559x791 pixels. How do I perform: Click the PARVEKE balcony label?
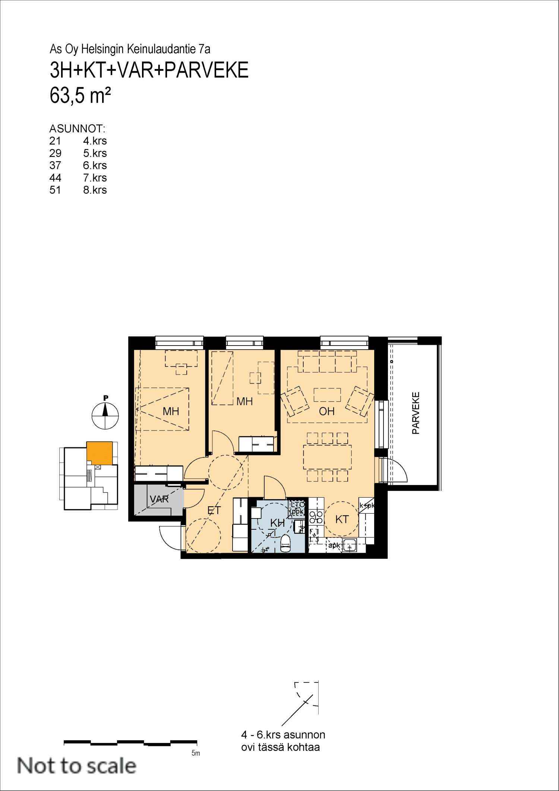click(x=416, y=413)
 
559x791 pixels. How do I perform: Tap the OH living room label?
click(x=327, y=411)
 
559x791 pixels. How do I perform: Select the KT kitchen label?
click(x=342, y=519)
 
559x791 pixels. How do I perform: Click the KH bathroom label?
click(x=277, y=523)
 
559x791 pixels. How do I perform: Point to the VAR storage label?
click(x=159, y=499)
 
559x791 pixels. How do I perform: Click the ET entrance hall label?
click(x=214, y=510)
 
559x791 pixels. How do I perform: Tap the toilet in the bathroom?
click(x=285, y=543)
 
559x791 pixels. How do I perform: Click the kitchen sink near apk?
click(x=350, y=545)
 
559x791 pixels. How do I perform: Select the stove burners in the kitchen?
click(x=316, y=517)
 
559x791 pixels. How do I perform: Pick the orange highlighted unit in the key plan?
click(x=100, y=453)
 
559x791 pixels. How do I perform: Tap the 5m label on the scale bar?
click(x=196, y=753)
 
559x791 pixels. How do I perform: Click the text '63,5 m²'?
click(x=80, y=95)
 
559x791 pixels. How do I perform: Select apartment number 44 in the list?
click(x=55, y=178)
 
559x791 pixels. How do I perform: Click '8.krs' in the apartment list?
click(x=95, y=190)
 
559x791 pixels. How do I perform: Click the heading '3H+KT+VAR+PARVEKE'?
click(x=149, y=70)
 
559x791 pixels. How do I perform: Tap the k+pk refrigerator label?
click(x=367, y=505)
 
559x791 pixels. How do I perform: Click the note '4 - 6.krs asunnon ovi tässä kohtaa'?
click(x=283, y=741)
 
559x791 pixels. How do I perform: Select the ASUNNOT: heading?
click(x=77, y=129)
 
